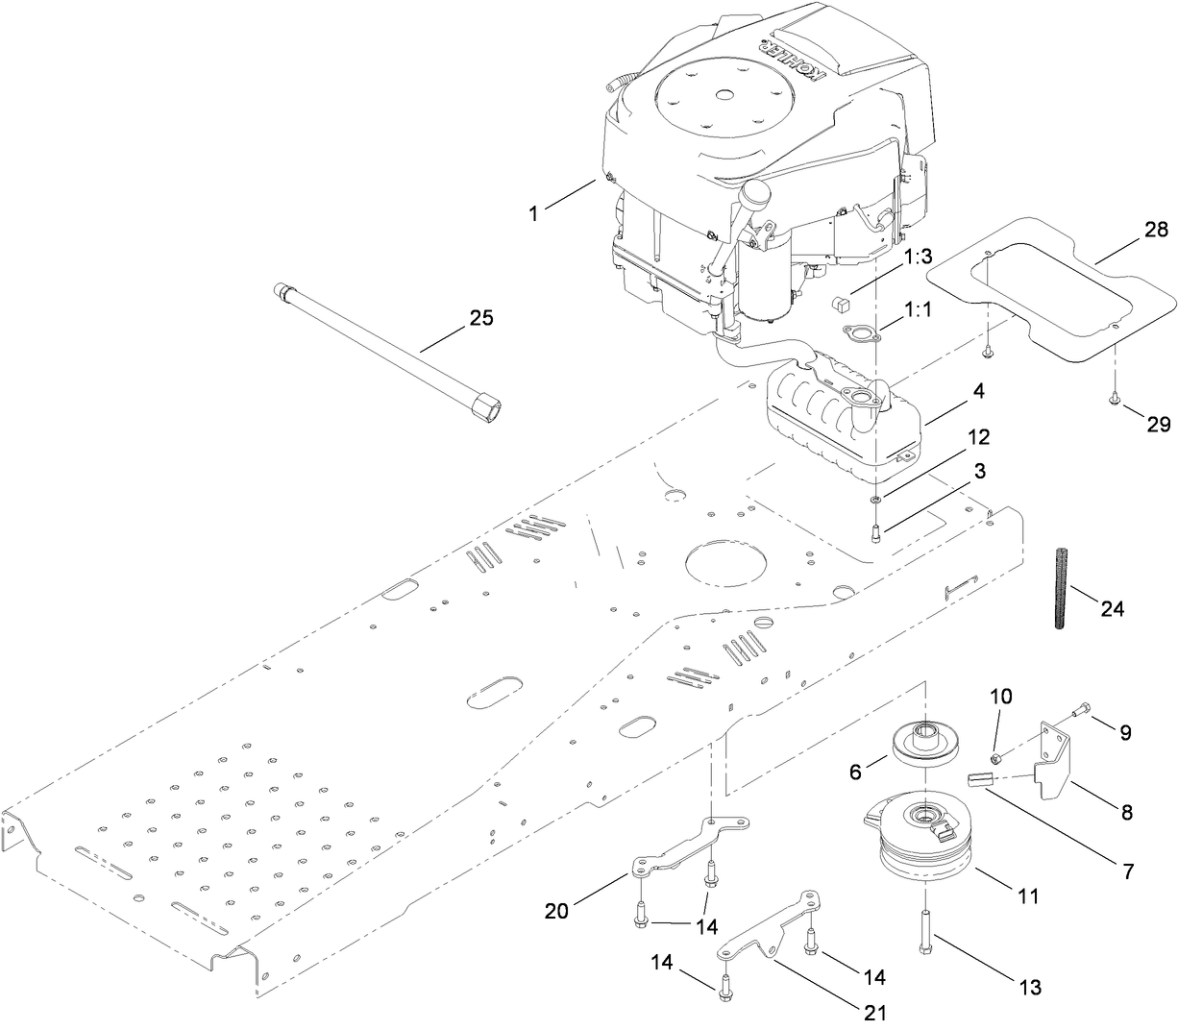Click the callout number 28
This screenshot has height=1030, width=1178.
pyautogui.click(x=1156, y=230)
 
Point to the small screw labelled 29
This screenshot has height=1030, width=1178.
pyautogui.click(x=1114, y=395)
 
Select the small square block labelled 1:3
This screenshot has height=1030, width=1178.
pyautogui.click(x=842, y=304)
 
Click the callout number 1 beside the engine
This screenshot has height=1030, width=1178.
pyautogui.click(x=533, y=214)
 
